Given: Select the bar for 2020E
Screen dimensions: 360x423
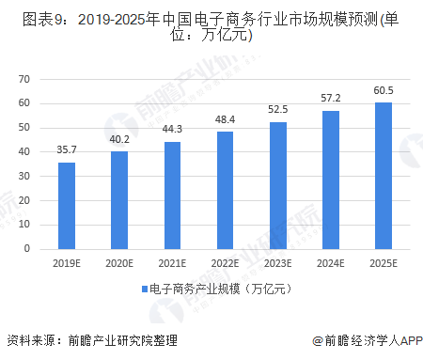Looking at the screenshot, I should [x=119, y=200].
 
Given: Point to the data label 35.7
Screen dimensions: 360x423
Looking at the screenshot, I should [x=67, y=149].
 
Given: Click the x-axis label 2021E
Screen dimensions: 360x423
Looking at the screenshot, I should [x=173, y=263].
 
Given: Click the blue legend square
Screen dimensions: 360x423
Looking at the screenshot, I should [x=144, y=290].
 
